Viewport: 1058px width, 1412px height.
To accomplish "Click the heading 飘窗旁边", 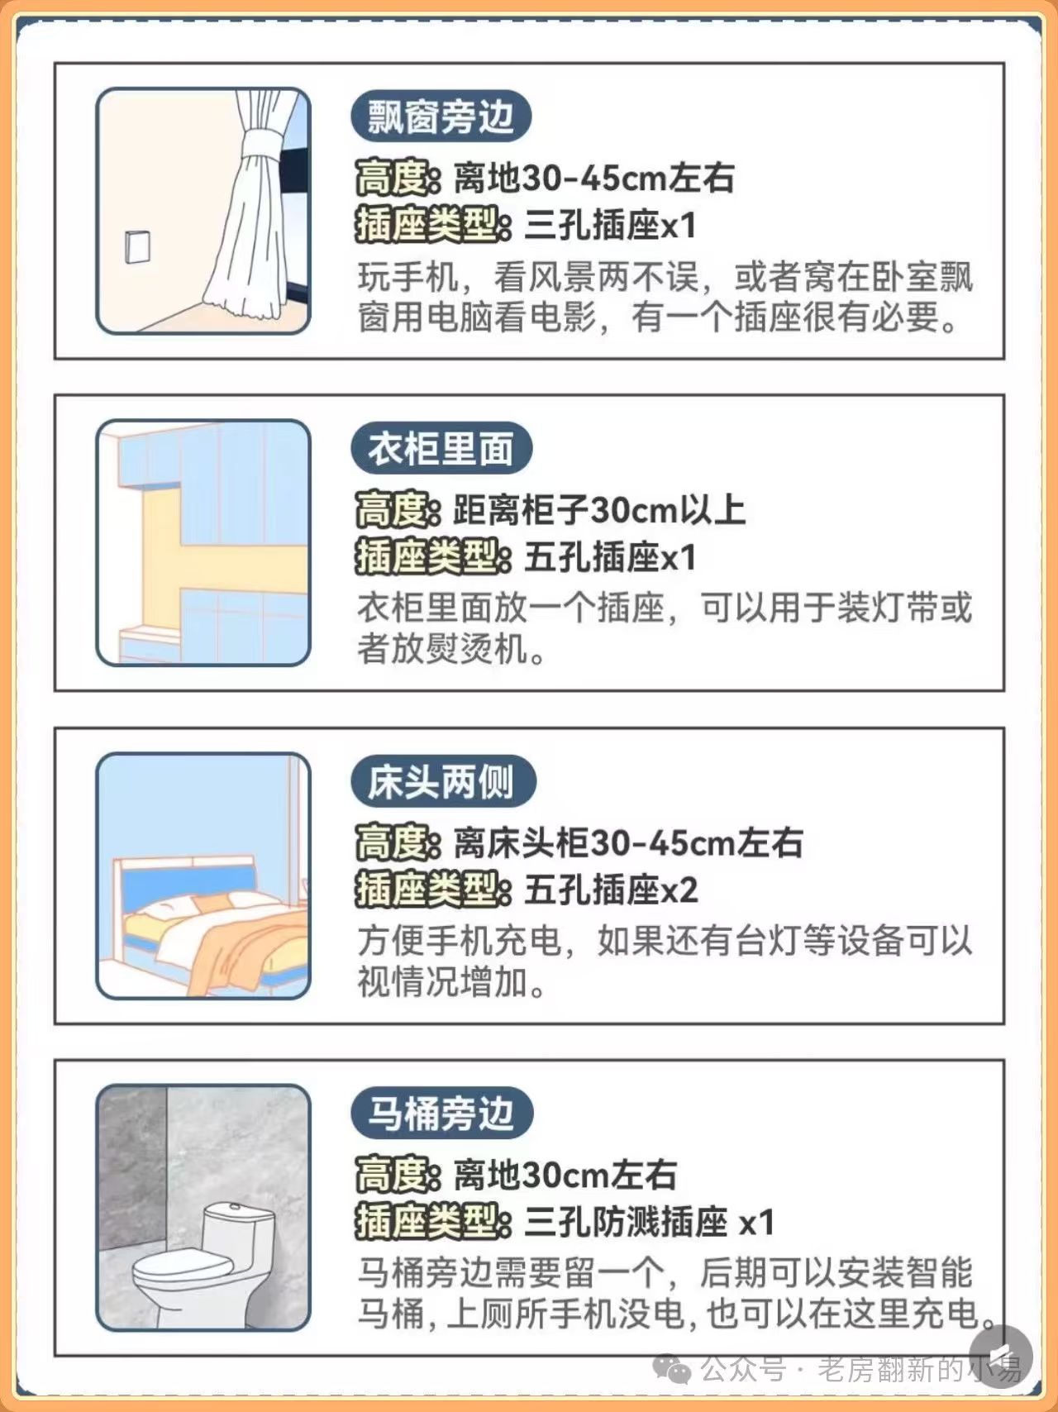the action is click(441, 117).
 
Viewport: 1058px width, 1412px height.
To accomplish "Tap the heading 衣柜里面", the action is click(441, 449).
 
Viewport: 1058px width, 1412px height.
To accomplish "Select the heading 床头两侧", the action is click(442, 782).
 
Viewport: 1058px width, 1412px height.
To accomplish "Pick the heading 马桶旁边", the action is click(441, 1114).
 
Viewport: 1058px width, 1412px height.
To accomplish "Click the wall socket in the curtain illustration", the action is click(138, 246).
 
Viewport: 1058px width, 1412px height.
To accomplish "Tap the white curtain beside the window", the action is click(252, 207).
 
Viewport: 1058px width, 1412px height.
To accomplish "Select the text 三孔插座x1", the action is click(610, 226).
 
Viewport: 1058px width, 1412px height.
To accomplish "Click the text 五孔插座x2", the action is click(611, 890).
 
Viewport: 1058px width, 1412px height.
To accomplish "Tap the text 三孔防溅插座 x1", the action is click(649, 1223).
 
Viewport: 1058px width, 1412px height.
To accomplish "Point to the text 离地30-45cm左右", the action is click(593, 178).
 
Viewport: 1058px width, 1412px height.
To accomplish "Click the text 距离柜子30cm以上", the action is click(599, 510).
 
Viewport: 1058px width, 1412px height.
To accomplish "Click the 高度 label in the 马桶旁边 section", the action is click(393, 1175).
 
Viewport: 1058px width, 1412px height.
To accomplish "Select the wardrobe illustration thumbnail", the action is click(203, 542).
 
